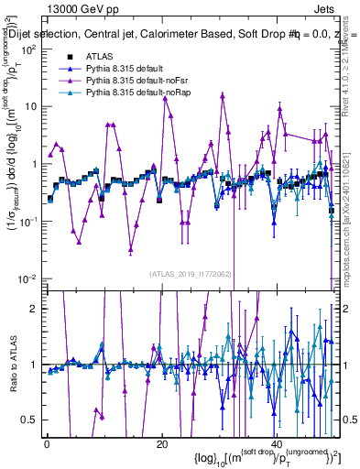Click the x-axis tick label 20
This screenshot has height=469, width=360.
click(x=161, y=443)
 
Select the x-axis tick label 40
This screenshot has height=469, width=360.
click(x=276, y=443)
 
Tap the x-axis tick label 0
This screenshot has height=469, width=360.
click(x=47, y=443)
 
